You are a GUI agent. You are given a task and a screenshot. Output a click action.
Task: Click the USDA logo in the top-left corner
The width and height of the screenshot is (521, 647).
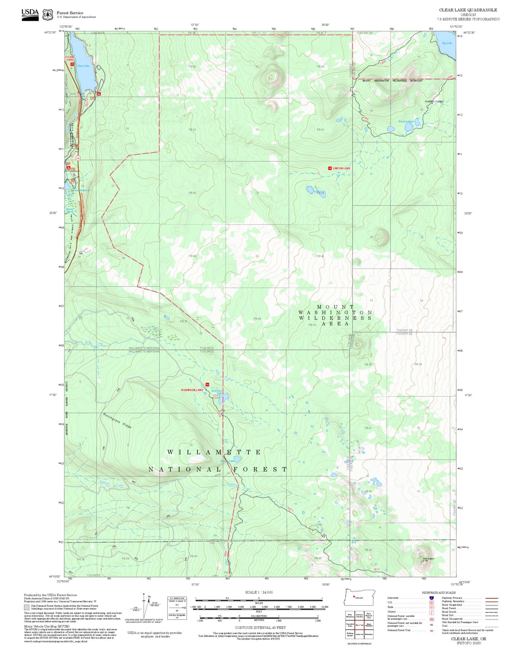click(30, 14)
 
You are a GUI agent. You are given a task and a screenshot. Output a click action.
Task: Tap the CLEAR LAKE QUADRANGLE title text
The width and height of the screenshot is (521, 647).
click(468, 10)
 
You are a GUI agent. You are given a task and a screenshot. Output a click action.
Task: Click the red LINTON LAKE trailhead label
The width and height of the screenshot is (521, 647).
click(341, 168)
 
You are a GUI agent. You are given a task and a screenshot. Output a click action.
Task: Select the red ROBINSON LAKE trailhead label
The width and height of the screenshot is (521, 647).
click(192, 390)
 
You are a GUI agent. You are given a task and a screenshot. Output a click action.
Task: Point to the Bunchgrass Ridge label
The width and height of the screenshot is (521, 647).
click(117, 421)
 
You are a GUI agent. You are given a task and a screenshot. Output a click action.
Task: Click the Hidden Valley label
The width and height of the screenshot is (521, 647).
click(434, 102)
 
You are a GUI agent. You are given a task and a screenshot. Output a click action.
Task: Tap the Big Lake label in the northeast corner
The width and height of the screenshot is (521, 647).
click(447, 43)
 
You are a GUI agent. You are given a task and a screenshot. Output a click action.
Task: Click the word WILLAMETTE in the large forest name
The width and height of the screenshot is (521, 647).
click(214, 452)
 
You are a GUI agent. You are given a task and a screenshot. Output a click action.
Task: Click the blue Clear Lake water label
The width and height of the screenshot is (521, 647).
click(83, 66)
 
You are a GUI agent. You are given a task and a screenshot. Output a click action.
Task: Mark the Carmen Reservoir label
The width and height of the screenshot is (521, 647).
click(80, 190)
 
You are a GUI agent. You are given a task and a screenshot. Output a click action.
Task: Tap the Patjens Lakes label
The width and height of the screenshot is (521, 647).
click(406, 122)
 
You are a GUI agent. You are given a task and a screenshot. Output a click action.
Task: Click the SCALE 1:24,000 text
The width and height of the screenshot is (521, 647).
click(259, 592)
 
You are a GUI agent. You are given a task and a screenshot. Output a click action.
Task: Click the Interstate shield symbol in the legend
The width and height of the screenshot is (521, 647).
click(431, 598)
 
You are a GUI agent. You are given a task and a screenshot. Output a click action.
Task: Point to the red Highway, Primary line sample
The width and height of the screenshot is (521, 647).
click(491, 598)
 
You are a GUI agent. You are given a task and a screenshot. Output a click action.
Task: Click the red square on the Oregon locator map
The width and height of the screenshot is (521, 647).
click(354, 596)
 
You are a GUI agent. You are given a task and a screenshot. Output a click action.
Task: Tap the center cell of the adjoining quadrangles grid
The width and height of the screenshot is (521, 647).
click(359, 625)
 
